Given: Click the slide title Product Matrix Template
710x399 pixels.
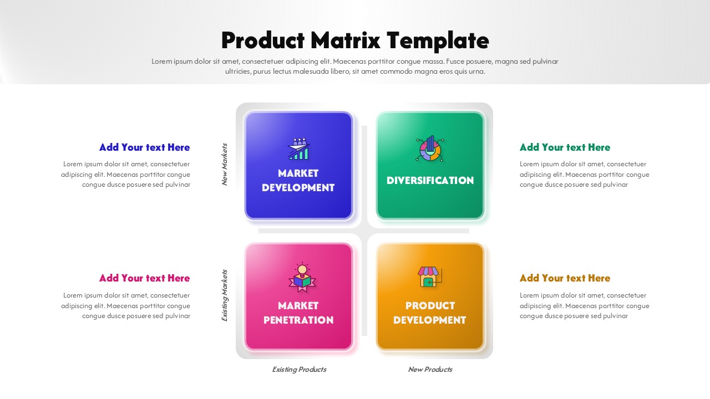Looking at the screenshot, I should pos(355,40).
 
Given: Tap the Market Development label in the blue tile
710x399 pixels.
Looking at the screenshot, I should pos(298,181).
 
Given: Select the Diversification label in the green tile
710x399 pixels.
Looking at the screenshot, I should pos(430,181).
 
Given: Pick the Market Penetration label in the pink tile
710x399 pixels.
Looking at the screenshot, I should pos(298,313).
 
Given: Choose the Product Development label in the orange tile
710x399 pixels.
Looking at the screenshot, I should pos(430,313).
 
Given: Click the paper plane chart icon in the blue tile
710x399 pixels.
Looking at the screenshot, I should pos(299,149).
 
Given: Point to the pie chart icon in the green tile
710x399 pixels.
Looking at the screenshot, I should pos(429,149).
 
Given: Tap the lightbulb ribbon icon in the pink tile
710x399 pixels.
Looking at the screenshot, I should pos(302,277).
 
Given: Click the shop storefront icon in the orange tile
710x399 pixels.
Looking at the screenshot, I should pos(429,277).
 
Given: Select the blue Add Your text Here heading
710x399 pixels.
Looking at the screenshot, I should pos(144,147).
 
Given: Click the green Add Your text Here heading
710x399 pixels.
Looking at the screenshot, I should pos(565,147).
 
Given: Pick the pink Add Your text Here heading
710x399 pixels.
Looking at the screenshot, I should pos(144,278).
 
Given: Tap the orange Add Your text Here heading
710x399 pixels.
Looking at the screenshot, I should pos(565,278).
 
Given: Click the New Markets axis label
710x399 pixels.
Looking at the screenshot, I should pos(225,164).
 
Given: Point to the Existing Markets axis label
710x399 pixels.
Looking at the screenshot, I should pos(225,295).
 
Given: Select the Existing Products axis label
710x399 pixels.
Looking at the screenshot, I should pos(299,370).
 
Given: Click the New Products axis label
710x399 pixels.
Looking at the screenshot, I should pos(430,370).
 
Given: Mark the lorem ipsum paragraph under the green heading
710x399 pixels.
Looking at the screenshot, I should pos(584,175).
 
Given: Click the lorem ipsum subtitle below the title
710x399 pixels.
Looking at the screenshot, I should pos(355,66).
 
